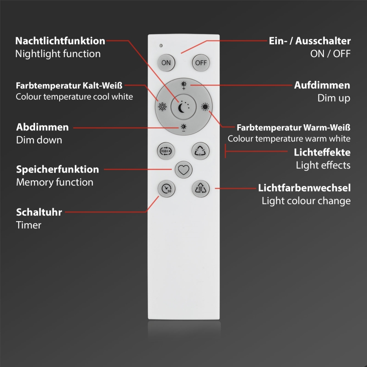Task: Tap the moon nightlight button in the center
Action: coord(183,107)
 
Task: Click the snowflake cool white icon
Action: coord(162,107)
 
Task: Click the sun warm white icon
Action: coord(205,107)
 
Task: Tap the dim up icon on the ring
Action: coord(183,85)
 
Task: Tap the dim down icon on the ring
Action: coord(183,128)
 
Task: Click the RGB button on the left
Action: coord(164,150)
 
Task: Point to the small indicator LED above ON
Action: coord(161,45)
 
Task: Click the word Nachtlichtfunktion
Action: coord(60,41)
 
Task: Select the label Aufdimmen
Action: coord(322,85)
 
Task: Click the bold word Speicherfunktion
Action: coord(58,170)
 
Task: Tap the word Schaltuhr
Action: coord(39,212)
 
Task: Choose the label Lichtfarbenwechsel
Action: coord(304,187)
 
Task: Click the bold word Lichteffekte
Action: coord(322,152)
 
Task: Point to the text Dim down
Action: coord(39,140)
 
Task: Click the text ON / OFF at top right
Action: coord(331,54)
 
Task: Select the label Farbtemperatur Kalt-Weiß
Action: coord(69,85)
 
